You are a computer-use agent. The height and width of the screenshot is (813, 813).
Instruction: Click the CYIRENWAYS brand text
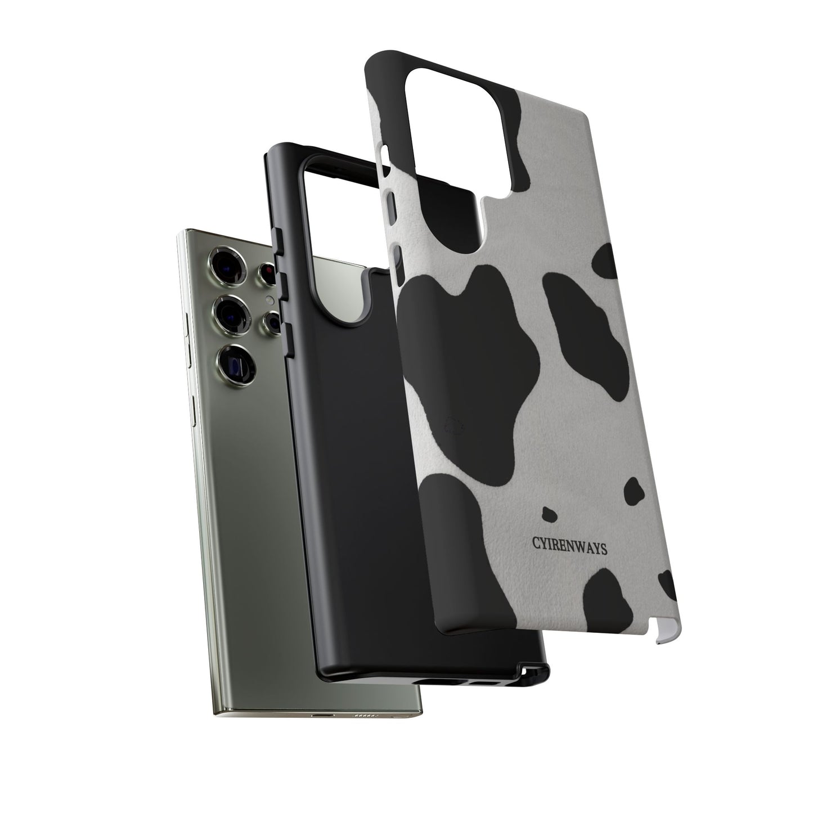(569, 546)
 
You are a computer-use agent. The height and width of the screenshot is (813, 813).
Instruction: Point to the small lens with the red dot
(267, 273)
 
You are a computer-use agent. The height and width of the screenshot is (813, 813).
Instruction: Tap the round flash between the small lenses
(270, 300)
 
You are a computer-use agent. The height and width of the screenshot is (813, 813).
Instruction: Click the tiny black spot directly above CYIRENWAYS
(549, 514)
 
